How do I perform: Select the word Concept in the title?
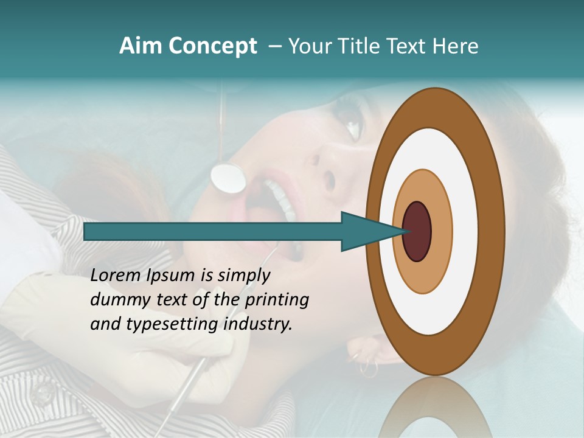pyautogui.click(x=212, y=46)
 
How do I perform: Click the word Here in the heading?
pyautogui.click(x=456, y=46)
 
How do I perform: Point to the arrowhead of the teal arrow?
pyautogui.click(x=371, y=232)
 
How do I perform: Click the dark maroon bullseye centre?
pyautogui.click(x=417, y=232)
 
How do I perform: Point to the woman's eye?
pyautogui.click(x=353, y=125)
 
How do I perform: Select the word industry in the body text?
pyautogui.click(x=258, y=324)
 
